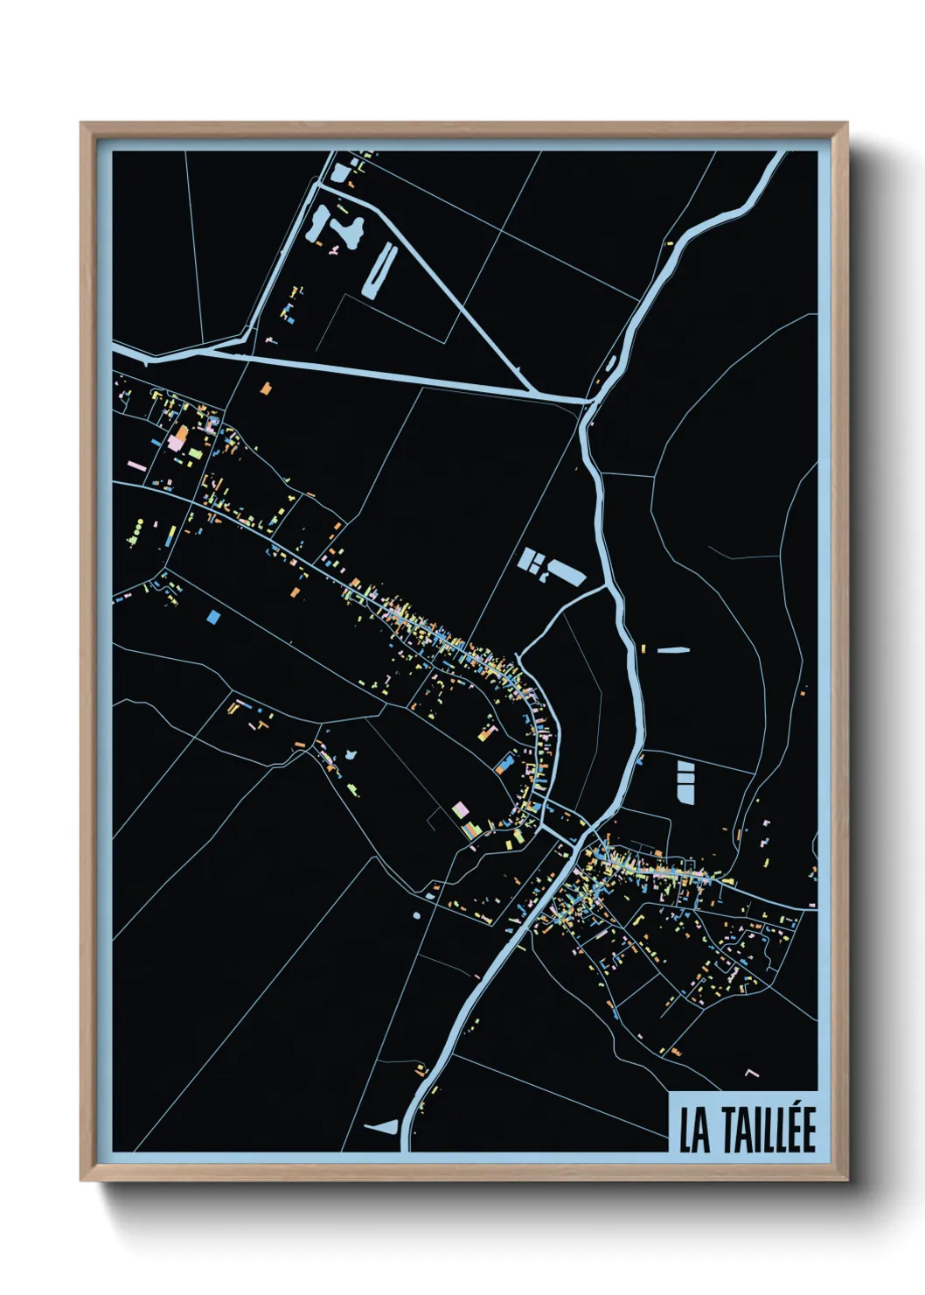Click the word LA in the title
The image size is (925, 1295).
pos(695,1131)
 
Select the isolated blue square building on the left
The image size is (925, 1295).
pos(213,618)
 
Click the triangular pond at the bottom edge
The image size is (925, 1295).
pos(382,1127)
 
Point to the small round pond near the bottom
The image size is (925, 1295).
pos(416,915)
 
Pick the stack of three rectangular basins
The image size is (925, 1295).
pos(685,780)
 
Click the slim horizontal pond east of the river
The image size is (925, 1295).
pos(672,650)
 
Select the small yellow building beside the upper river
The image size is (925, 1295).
pos(670,243)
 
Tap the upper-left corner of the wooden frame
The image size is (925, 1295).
pos(81,124)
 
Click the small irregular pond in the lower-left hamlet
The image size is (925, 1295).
pos(351,754)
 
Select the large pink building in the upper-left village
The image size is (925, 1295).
pos(177,443)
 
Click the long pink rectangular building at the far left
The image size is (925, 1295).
pos(136,466)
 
